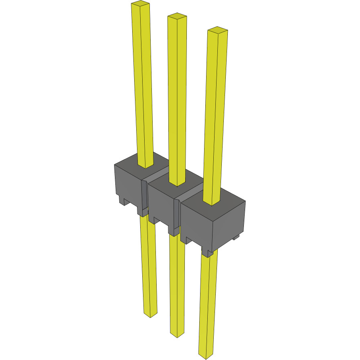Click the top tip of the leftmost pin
[x=140, y=4]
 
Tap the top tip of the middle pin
[x=177, y=16]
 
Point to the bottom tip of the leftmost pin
[x=151, y=314]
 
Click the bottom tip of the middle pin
[x=177, y=334]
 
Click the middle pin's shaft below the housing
[x=177, y=281]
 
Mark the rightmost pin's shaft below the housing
[x=208, y=301]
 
